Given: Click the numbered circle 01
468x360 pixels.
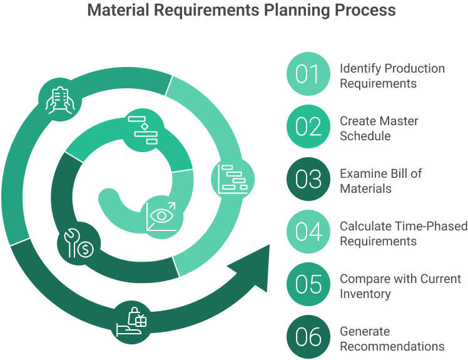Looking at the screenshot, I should click(x=307, y=75).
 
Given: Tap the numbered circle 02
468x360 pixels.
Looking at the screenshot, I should click(x=307, y=127).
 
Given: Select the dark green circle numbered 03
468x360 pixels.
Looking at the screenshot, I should click(x=307, y=180).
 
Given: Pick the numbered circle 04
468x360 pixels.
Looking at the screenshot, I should click(x=307, y=232).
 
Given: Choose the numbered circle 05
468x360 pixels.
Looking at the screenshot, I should click(x=307, y=285).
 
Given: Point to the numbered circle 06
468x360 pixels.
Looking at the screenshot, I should click(x=307, y=337).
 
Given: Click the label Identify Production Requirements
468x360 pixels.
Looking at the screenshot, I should click(x=392, y=75).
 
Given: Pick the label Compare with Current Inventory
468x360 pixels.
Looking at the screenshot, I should click(x=400, y=285).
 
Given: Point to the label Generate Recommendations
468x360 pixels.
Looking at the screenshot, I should click(x=392, y=338).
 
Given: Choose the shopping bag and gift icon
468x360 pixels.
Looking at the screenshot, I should click(x=133, y=321).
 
